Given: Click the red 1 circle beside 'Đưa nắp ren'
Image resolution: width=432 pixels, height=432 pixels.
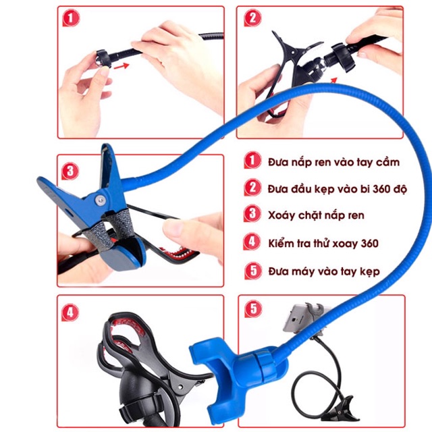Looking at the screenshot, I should click(251, 161).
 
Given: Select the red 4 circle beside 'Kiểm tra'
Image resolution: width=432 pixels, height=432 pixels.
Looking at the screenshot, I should click(251, 242).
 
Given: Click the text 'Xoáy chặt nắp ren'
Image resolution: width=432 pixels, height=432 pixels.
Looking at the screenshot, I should click(316, 215).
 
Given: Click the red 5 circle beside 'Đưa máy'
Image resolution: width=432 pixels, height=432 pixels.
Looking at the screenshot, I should click(251, 271).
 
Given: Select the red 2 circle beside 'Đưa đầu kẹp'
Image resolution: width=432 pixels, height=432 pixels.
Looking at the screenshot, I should click(251, 188).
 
